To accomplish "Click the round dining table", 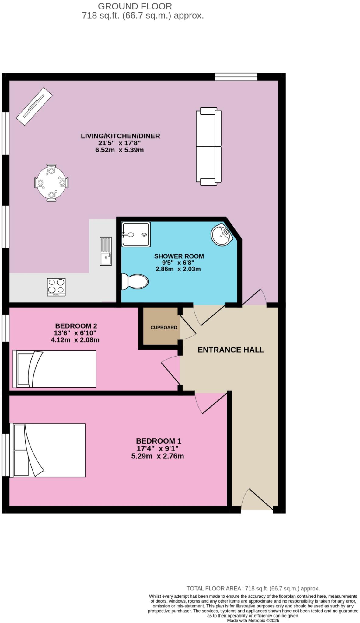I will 51,183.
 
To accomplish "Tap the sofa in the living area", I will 209,146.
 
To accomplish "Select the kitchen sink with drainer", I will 106,251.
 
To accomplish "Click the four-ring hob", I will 56,287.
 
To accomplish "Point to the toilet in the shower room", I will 135,282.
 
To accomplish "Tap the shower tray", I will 136,234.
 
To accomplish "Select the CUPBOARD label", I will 164,327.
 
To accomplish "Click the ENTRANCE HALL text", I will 231,350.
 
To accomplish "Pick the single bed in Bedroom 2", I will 55,369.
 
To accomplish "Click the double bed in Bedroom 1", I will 48,450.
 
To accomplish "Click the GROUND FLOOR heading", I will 135,6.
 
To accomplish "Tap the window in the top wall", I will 236,77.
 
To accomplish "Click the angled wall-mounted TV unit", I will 34,106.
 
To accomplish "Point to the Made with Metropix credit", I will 253,620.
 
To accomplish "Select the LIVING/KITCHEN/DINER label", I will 120,136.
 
